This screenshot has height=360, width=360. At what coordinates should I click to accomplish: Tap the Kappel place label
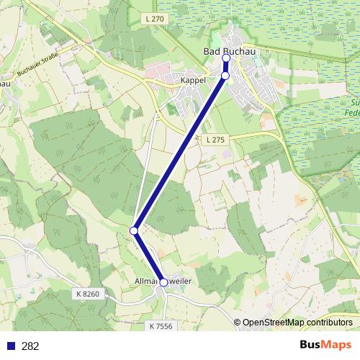coord(194,81)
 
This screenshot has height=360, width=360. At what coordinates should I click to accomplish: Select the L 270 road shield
coord(155,18)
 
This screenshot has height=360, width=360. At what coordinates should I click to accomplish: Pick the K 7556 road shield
coord(162,326)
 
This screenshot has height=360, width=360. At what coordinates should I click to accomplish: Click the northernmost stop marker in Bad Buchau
coord(226,58)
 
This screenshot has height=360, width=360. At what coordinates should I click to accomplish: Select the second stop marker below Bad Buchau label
coord(225,76)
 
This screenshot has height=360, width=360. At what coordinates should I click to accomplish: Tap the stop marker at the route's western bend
coord(134,230)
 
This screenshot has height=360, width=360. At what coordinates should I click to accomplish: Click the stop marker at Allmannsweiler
coord(163,283)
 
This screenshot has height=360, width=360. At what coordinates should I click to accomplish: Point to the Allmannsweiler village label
coord(163,280)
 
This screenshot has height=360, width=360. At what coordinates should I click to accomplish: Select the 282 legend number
coord(30,346)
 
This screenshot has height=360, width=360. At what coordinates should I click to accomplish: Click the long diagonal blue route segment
coord(179,153)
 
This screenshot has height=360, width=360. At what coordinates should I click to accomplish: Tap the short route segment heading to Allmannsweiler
coord(148,256)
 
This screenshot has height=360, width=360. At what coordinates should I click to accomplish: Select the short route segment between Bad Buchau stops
coord(225,67)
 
